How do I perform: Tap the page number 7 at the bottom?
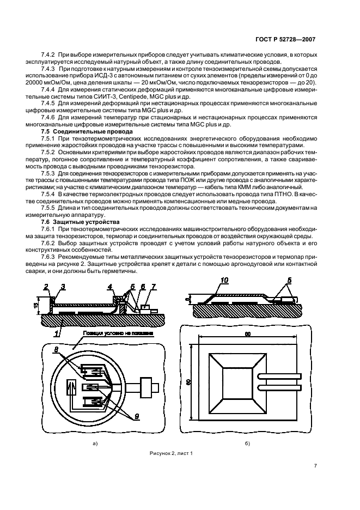coord(315,465)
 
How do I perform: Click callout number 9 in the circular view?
coord(137,416)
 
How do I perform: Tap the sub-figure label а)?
coord(95,444)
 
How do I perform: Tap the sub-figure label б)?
coord(247,444)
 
